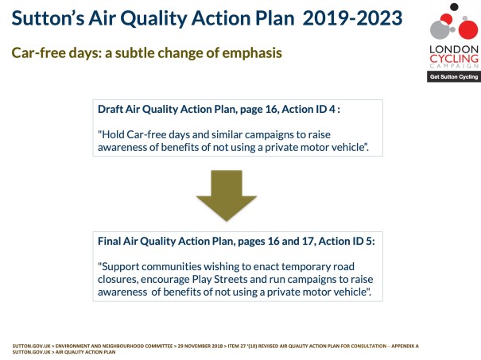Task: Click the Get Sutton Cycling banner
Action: click(453, 78)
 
